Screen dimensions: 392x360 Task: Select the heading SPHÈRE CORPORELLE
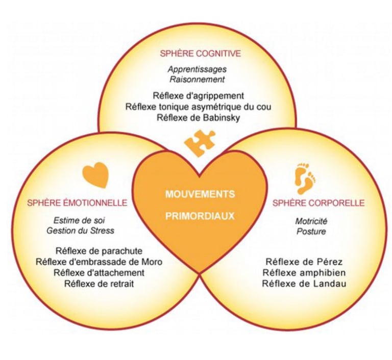[318, 202]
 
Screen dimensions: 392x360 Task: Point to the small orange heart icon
[95, 174]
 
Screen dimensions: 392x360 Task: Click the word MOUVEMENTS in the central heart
[200, 194]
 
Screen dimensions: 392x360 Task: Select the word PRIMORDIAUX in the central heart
[200, 216]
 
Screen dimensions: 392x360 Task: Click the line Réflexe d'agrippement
[198, 95]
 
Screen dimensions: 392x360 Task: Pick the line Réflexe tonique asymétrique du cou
[198, 107]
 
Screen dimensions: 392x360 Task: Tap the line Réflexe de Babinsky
[198, 118]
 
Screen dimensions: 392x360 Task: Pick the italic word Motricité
[310, 221]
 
